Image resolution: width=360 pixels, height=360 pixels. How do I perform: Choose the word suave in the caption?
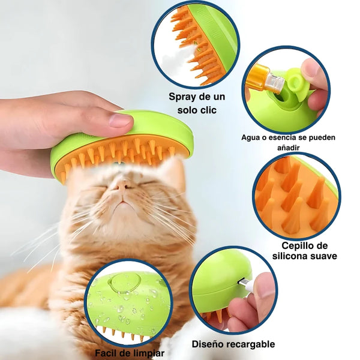323,256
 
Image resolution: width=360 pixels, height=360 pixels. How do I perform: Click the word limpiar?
146,353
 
